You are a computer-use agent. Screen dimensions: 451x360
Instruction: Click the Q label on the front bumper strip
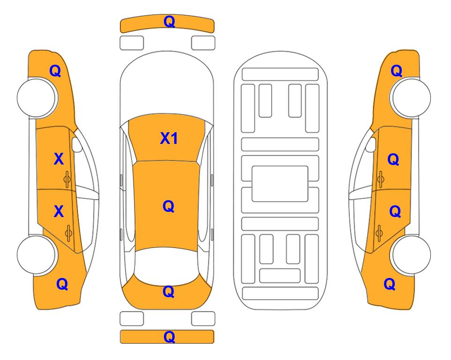(x=169, y=22)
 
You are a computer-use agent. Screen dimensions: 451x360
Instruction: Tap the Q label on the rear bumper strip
(x=169, y=337)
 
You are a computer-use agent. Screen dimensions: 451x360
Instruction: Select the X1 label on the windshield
(x=169, y=138)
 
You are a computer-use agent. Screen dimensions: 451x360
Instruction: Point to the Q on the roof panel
(x=168, y=206)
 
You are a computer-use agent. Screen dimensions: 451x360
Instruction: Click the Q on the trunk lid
(x=168, y=292)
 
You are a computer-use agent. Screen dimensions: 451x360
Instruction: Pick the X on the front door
(x=59, y=159)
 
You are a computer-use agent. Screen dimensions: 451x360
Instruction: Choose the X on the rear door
(x=59, y=211)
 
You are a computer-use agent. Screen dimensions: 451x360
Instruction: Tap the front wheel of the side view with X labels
(x=36, y=97)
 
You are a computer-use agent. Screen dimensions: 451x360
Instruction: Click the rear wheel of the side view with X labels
(x=36, y=255)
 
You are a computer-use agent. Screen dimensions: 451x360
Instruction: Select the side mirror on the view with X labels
(x=77, y=144)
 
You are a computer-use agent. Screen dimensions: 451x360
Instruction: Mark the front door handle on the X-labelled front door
(x=67, y=180)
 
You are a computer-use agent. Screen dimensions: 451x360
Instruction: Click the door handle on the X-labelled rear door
(x=68, y=233)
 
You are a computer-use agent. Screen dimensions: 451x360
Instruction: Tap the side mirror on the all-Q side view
(x=371, y=144)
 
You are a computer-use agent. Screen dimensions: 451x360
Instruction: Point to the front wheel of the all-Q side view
(x=411, y=97)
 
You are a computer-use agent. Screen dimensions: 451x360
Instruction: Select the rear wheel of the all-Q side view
(x=411, y=255)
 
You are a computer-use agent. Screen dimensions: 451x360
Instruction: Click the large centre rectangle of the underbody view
(x=280, y=184)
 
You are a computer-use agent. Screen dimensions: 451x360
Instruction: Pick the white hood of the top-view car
(x=167, y=83)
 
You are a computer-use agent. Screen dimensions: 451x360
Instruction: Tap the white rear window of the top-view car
(x=167, y=265)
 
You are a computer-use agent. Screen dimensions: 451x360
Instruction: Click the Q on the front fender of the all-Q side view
(x=396, y=71)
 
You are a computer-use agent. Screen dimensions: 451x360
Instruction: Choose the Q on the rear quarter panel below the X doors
(x=62, y=284)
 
